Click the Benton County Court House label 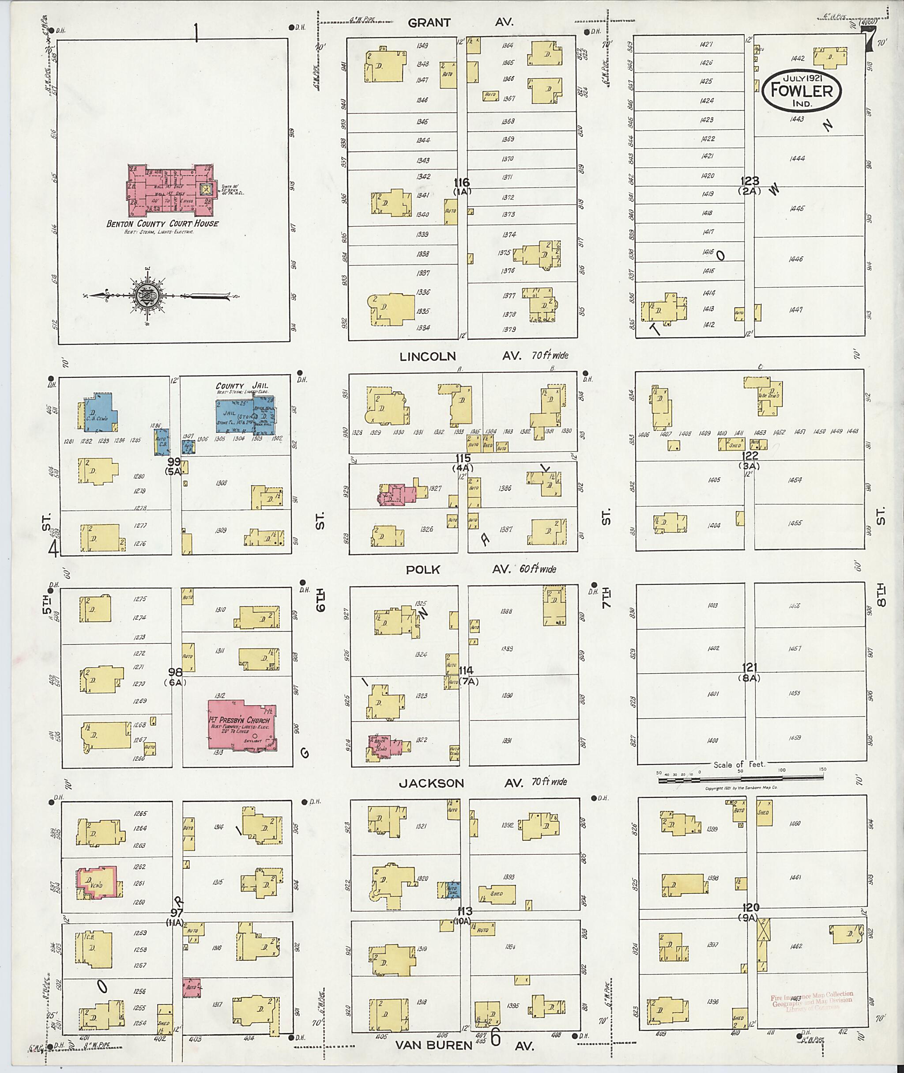tap(162, 224)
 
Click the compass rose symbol tap(145, 296)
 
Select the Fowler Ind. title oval tap(802, 92)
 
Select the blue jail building tap(245, 415)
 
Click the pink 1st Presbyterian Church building tap(241, 724)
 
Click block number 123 tap(749, 181)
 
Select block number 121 tap(749, 668)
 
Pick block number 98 tap(175, 672)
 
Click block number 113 tap(462, 911)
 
